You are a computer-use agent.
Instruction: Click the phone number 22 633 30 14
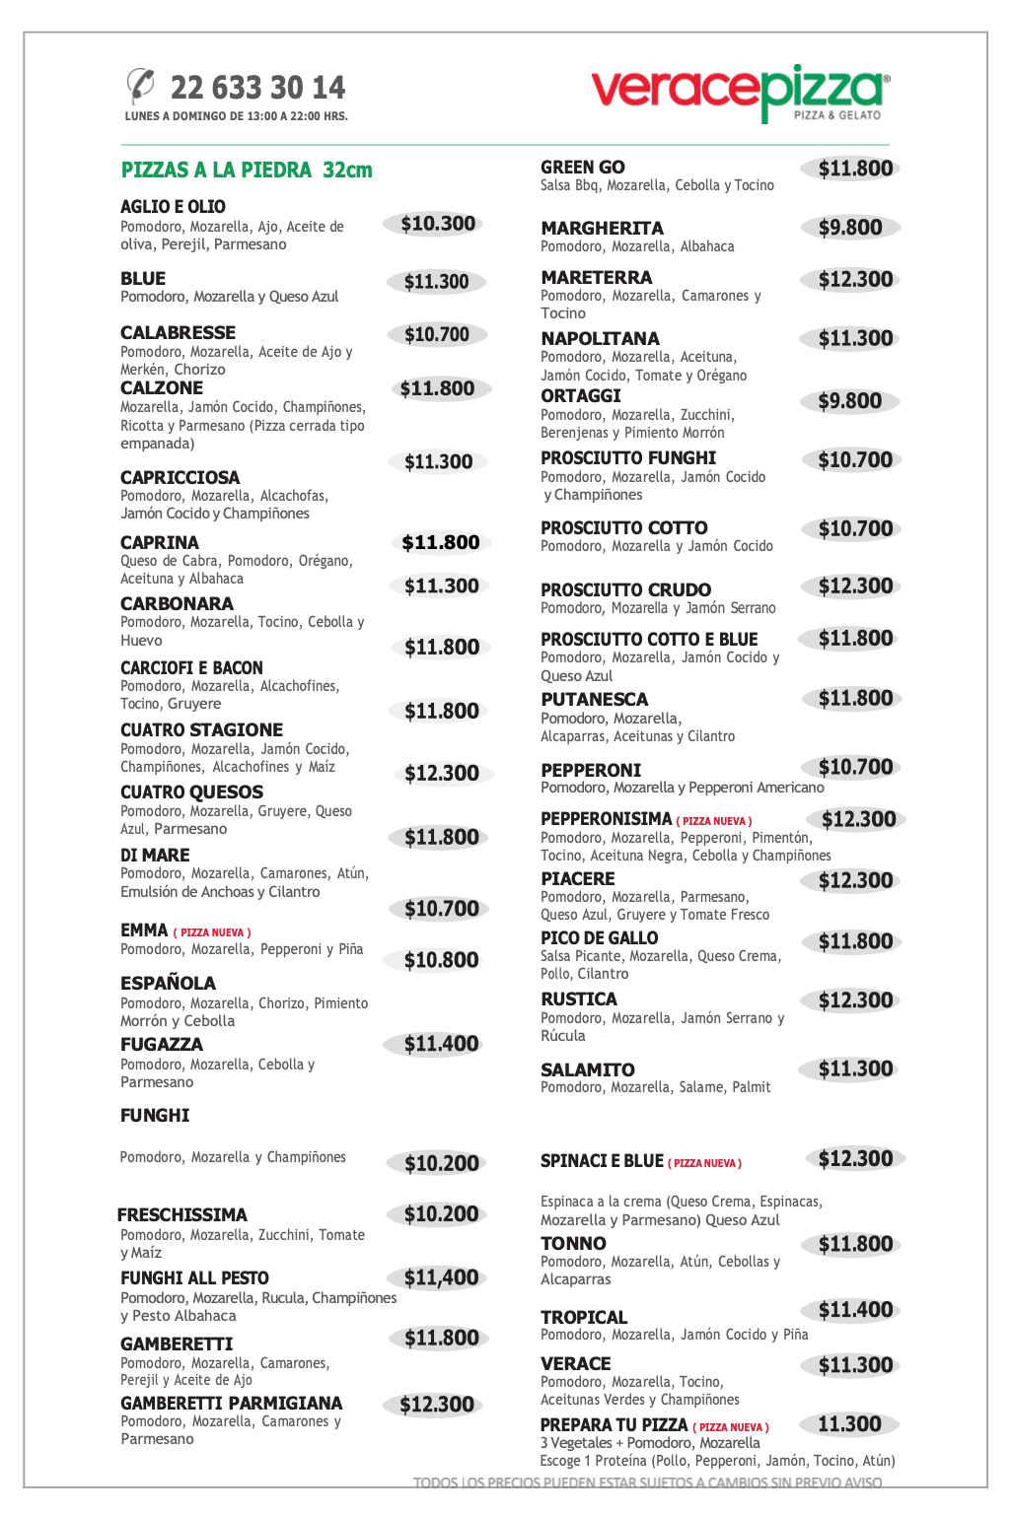257,88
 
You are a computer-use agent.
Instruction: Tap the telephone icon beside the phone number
141,85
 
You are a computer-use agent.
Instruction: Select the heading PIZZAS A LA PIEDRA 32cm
247,170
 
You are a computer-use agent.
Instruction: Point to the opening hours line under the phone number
236,116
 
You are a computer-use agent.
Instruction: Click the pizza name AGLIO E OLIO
173,207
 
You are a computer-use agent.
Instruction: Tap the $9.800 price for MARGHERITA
850,228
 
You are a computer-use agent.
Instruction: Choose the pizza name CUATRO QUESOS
191,792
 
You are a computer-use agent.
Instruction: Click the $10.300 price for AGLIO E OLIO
438,224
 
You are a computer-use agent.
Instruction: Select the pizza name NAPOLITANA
600,339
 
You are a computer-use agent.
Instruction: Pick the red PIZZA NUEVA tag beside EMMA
212,932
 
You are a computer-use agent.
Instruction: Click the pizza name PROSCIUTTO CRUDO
625,589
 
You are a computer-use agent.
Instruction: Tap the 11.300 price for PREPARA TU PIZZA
849,1424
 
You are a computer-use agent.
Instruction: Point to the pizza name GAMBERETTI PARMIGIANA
231,1404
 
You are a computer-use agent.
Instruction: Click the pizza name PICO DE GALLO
599,938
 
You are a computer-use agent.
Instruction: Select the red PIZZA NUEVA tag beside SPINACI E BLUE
704,1163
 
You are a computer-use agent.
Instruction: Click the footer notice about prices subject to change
647,1482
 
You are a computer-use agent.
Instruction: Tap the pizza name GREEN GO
582,168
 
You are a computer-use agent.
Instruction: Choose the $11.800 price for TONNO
855,1245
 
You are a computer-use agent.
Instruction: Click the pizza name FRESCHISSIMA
181,1215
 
